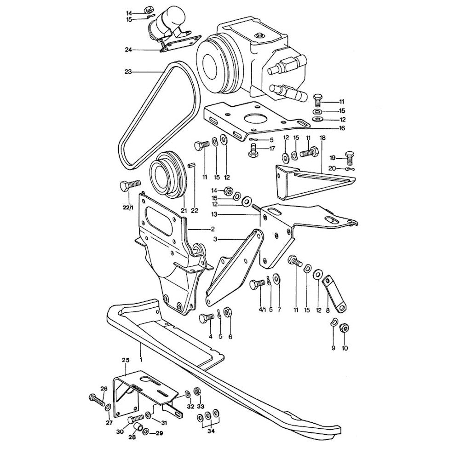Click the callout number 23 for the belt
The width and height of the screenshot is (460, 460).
click(x=128, y=71)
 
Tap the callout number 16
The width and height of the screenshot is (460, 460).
click(x=342, y=128)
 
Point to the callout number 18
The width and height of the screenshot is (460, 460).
click(x=322, y=138)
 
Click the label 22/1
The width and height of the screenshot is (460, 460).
click(x=127, y=208)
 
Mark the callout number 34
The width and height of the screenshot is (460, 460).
click(x=210, y=431)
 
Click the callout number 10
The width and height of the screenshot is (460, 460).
click(x=345, y=348)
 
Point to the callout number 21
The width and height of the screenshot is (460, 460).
click(x=184, y=211)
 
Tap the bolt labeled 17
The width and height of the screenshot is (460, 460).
click(x=253, y=150)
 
